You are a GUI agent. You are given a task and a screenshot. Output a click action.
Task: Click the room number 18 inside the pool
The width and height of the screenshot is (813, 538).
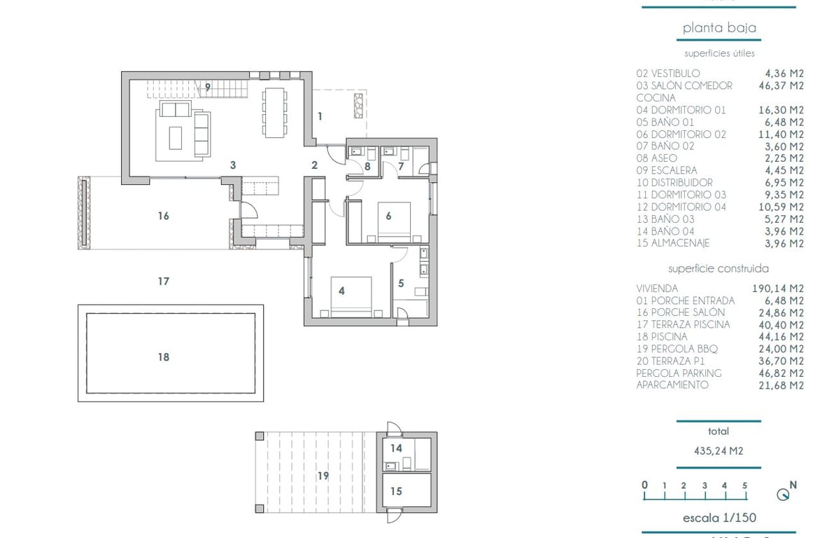point(163,357)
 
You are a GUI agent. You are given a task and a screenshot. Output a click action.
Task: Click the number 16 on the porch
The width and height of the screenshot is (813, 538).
point(163,216)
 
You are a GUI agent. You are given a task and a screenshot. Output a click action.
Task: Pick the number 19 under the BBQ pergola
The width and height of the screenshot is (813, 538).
point(323,476)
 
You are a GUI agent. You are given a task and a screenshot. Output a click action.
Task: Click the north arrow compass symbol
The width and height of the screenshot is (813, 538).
point(784,494)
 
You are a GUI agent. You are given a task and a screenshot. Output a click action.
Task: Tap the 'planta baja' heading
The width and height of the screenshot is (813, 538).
point(719,28)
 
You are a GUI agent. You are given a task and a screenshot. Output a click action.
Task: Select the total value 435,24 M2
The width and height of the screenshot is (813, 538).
point(719,450)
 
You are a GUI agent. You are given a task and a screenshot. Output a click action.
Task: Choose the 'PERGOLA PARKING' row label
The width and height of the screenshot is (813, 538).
point(679,373)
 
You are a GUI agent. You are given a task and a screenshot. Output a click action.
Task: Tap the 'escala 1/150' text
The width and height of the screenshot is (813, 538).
point(719,518)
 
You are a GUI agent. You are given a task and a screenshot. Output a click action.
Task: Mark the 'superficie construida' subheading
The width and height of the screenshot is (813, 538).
point(719,268)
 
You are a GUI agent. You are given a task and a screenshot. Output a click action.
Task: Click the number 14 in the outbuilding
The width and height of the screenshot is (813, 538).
point(396,448)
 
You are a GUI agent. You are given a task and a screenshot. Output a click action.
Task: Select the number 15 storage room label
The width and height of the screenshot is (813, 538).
point(396,491)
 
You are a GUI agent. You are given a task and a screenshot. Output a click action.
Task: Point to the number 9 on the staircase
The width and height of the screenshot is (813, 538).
point(207,88)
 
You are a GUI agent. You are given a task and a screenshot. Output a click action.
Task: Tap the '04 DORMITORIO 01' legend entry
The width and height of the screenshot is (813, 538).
point(681,110)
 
